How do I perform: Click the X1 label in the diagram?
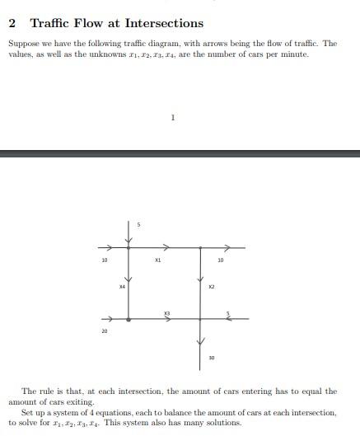point(157,260)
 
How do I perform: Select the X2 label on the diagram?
point(211,286)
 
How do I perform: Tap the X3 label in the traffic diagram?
point(166,312)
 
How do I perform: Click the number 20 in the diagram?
point(104,331)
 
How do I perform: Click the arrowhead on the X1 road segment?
point(166,246)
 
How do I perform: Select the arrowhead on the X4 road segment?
point(129,279)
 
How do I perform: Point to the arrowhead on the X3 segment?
point(166,320)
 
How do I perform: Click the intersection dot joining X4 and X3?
point(129,318)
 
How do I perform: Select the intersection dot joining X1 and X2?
point(201,246)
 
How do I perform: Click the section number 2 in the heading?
point(12,23)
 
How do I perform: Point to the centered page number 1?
point(173,117)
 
